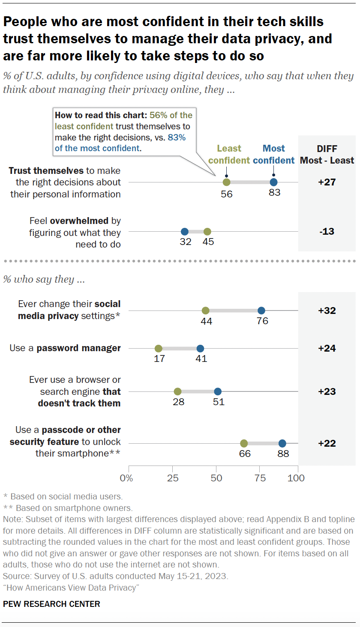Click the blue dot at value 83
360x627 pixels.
click(x=273, y=182)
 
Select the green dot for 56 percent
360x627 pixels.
click(x=226, y=182)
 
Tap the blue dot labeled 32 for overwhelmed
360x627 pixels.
click(x=184, y=231)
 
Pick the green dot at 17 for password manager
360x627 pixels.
click(x=158, y=348)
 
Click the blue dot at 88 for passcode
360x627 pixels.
click(x=282, y=443)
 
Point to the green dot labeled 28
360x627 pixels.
click(x=177, y=391)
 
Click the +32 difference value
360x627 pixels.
click(x=327, y=311)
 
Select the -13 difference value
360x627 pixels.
click(x=327, y=231)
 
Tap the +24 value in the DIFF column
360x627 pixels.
click(x=327, y=348)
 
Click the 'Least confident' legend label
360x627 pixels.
click(x=229, y=154)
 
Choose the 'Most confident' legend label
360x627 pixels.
click(x=273, y=154)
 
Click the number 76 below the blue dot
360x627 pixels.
click(x=262, y=321)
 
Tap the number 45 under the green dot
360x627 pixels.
click(x=208, y=242)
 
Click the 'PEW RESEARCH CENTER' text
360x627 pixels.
click(x=51, y=604)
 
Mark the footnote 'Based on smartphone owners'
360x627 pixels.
click(x=71, y=508)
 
